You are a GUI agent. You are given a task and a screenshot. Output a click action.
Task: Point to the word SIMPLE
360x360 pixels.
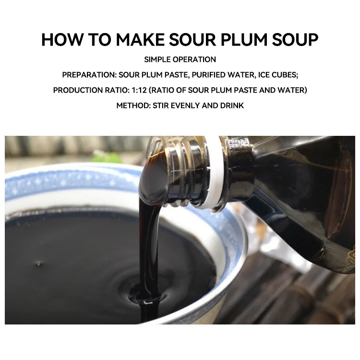[x=159, y=60]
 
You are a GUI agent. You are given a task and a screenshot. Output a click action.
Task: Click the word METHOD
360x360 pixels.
[x=132, y=105]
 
